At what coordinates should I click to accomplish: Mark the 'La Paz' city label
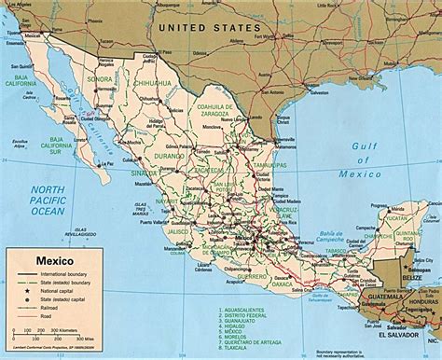pyautogui.click(x=101, y=165)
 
